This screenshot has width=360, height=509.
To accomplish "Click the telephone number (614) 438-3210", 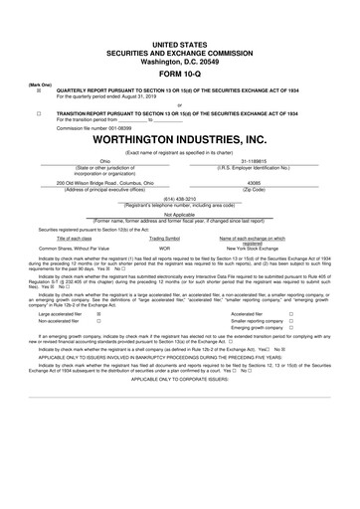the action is coord(179,198).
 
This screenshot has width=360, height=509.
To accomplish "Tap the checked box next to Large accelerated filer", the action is coord(98,313).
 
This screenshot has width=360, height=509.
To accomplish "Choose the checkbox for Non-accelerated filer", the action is coord(98,322).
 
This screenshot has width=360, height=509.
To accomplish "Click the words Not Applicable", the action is coord(179,214).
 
